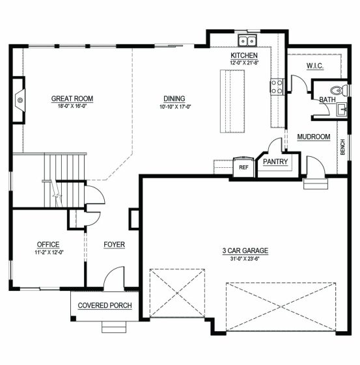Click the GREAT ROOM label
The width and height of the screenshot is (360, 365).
click(x=72, y=99)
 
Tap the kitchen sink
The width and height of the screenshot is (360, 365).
click(x=247, y=41)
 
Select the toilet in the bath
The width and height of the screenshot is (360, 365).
click(x=339, y=90)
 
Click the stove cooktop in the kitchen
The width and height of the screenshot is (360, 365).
click(x=277, y=87)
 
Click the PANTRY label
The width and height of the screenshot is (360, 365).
click(x=275, y=161)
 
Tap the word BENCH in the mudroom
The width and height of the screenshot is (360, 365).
click(x=342, y=147)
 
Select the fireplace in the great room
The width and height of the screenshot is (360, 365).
click(x=19, y=100)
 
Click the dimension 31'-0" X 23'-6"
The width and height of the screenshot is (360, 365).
click(x=245, y=258)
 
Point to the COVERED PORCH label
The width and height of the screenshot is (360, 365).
click(x=105, y=305)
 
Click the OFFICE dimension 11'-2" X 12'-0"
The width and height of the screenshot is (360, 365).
click(x=49, y=252)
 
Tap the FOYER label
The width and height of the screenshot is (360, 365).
click(x=115, y=245)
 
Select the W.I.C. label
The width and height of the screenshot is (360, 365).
click(x=315, y=66)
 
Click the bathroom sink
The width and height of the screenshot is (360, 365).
click(x=342, y=110)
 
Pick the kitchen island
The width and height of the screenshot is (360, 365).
click(x=232, y=101)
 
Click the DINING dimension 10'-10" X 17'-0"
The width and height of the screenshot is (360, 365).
click(x=175, y=107)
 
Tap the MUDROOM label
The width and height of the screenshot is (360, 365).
click(x=314, y=137)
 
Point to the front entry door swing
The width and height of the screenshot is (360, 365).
click(x=114, y=278)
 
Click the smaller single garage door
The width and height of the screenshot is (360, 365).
click(x=177, y=293)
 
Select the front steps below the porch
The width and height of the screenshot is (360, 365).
click(x=114, y=327)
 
